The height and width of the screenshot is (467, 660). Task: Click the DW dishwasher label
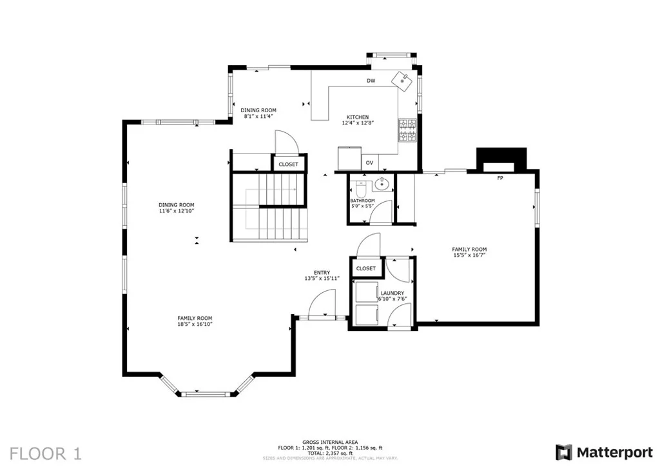coord(371,81)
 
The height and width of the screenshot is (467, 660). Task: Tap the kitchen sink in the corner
coord(403,80)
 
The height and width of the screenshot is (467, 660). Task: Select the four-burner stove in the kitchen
coord(407,130)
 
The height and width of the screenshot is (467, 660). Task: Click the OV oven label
coord(369,163)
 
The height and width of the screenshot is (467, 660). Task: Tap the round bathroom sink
coord(382,184)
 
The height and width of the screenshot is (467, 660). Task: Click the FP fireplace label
coord(500,178)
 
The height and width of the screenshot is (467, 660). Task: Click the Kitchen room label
coord(357,117)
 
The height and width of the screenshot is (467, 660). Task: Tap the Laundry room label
coord(393,293)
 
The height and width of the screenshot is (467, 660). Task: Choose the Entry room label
coord(322,272)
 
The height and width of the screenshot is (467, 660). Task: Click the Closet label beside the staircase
coord(288,164)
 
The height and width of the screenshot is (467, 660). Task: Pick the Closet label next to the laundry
coord(366,268)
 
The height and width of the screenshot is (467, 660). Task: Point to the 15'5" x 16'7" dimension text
coord(469,255)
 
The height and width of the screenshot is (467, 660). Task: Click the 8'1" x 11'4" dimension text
coord(258,116)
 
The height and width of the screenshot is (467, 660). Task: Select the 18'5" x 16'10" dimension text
coord(195,324)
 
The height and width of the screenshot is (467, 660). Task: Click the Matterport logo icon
coord(563,452)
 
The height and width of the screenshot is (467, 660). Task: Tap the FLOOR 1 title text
coord(46,454)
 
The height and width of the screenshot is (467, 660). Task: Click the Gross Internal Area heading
coord(330,442)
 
